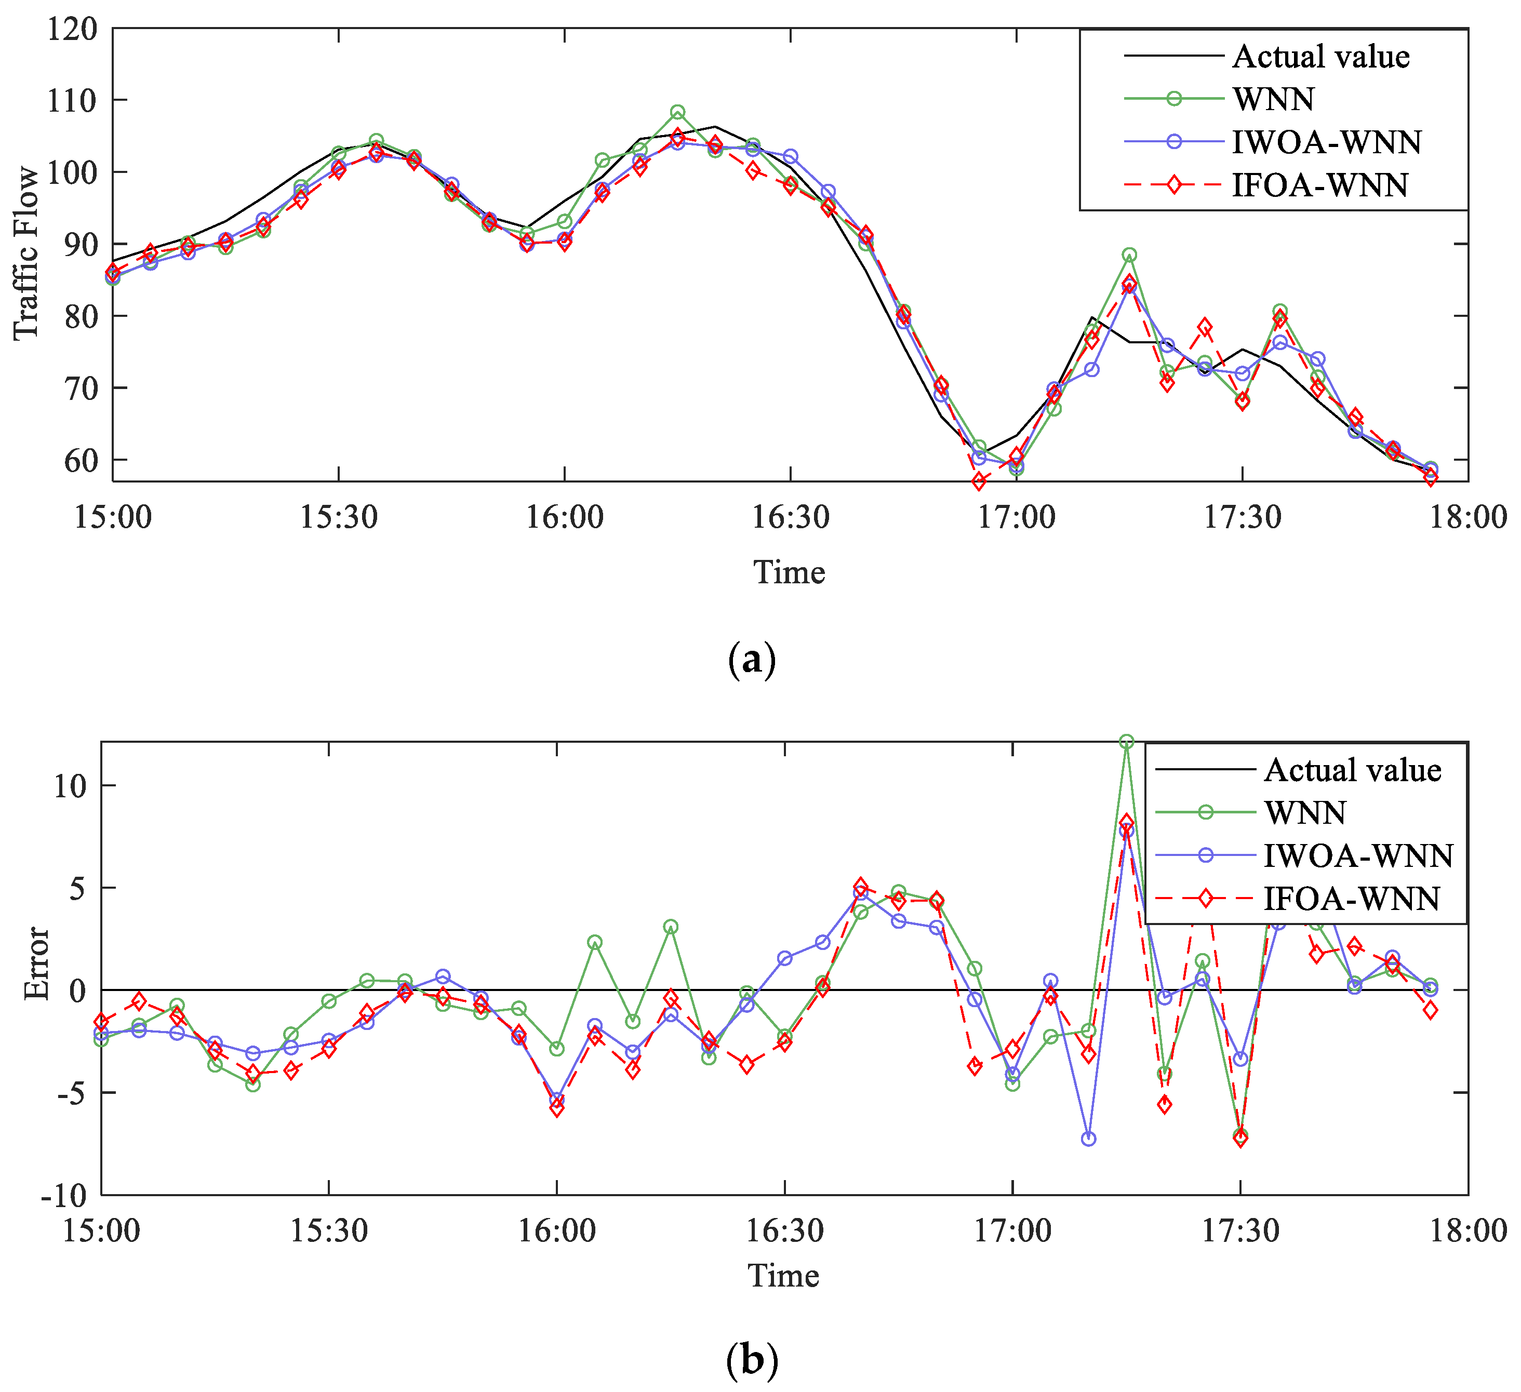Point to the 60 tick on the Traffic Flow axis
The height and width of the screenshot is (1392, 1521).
pyautogui.click(x=81, y=460)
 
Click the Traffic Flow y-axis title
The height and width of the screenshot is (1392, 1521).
pyautogui.click(x=27, y=253)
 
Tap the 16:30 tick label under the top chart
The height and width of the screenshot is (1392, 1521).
pyautogui.click(x=790, y=517)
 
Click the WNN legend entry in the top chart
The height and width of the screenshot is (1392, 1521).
pyautogui.click(x=1274, y=99)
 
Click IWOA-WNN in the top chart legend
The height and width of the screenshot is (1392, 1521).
pyautogui.click(x=1326, y=142)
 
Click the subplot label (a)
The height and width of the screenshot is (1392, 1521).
pyautogui.click(x=752, y=660)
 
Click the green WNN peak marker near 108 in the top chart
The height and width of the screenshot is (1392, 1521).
pyautogui.click(x=677, y=112)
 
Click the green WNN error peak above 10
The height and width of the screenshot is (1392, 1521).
pyautogui.click(x=1126, y=742)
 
